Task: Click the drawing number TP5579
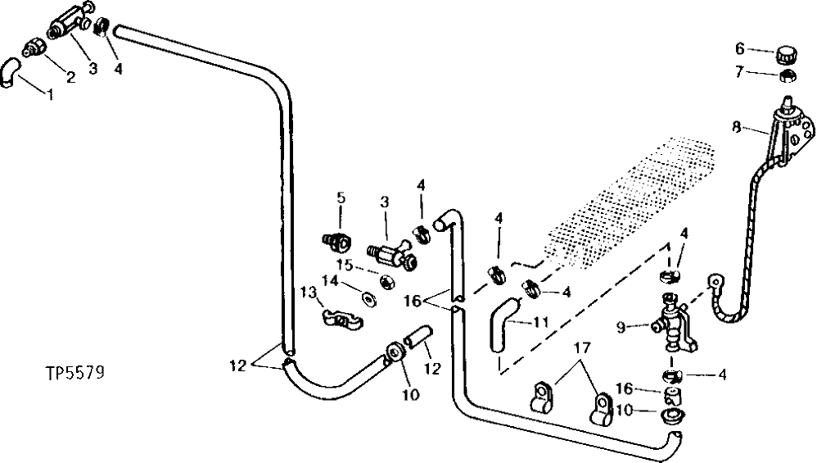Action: point(74,374)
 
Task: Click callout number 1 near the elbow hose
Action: point(49,94)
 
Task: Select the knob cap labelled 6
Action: point(788,55)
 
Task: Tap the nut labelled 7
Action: point(788,76)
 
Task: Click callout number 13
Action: point(307,293)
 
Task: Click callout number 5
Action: point(341,197)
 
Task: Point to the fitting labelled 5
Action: point(334,241)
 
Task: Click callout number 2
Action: point(70,77)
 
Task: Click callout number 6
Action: point(739,48)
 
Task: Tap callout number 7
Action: point(739,72)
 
